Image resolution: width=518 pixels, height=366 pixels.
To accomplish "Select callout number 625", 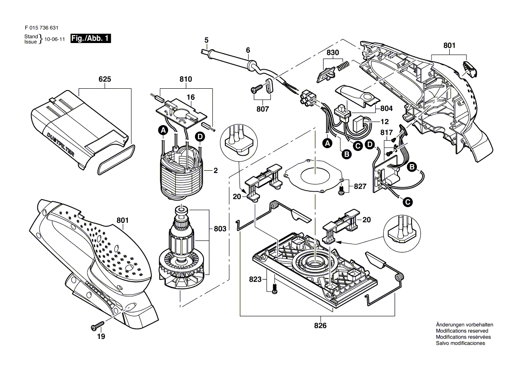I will [105, 79].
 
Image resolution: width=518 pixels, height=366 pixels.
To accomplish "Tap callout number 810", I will [186, 79].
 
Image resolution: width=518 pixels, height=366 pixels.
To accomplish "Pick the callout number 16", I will [190, 97].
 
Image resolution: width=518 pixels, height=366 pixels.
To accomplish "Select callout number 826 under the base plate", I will [320, 326].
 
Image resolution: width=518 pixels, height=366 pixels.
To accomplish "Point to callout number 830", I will [333, 52].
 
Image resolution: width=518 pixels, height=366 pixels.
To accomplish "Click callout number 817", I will [387, 132].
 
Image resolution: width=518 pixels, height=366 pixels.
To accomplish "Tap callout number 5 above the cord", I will [206, 40].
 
